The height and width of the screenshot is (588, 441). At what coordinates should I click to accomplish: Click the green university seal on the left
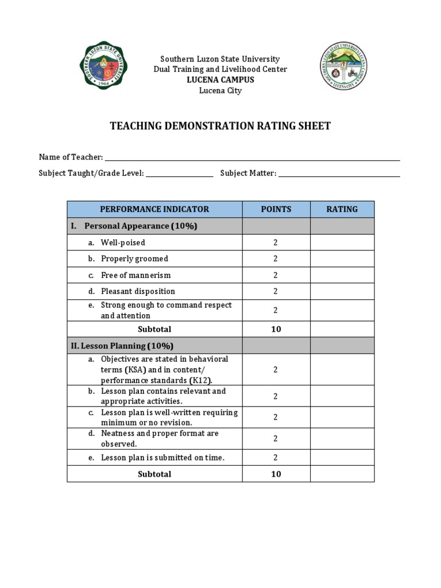click(103, 68)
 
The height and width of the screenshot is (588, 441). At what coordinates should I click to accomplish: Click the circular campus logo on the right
click(343, 67)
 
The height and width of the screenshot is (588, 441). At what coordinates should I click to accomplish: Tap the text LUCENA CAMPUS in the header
click(220, 80)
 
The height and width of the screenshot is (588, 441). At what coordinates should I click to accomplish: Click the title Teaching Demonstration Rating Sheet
click(220, 126)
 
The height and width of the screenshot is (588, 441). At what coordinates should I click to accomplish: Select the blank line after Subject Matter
click(339, 173)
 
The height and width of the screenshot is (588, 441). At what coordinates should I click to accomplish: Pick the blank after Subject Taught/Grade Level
click(179, 173)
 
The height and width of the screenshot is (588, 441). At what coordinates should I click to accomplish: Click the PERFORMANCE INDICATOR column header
click(154, 210)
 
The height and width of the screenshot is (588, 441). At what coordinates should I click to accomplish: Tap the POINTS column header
click(276, 210)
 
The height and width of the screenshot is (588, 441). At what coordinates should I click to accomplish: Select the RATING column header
click(342, 210)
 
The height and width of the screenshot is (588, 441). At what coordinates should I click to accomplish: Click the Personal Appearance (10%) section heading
click(140, 226)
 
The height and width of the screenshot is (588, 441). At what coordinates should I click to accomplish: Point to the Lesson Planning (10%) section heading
click(122, 346)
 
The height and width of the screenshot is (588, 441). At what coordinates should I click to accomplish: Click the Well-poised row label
click(123, 243)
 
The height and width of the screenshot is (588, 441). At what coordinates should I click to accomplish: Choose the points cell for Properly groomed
click(276, 259)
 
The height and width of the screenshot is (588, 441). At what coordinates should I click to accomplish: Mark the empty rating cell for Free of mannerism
click(342, 275)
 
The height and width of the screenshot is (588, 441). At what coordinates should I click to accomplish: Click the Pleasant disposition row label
click(138, 291)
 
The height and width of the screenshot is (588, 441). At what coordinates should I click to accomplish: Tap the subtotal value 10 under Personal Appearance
click(276, 330)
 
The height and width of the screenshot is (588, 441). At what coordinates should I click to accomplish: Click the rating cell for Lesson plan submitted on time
click(342, 458)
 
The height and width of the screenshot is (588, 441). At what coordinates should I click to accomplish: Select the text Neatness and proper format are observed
click(159, 439)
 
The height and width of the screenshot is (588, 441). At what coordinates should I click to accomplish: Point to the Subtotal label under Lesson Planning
click(154, 474)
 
